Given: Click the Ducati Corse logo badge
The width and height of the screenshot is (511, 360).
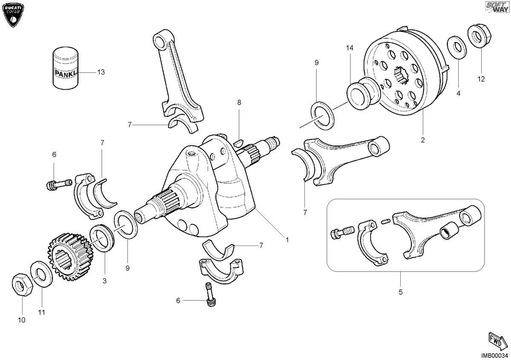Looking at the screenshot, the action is pyautogui.click(x=13, y=15).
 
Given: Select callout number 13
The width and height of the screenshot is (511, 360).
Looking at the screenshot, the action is pyautogui.click(x=101, y=72).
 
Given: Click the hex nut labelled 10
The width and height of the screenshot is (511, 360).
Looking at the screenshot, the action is pyautogui.click(x=22, y=284).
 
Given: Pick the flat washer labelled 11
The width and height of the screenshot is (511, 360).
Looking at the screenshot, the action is pyautogui.click(x=42, y=274).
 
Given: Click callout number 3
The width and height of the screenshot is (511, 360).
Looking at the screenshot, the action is pyautogui.click(x=104, y=281).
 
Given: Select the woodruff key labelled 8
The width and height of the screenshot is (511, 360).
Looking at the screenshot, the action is pyautogui.click(x=239, y=143).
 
